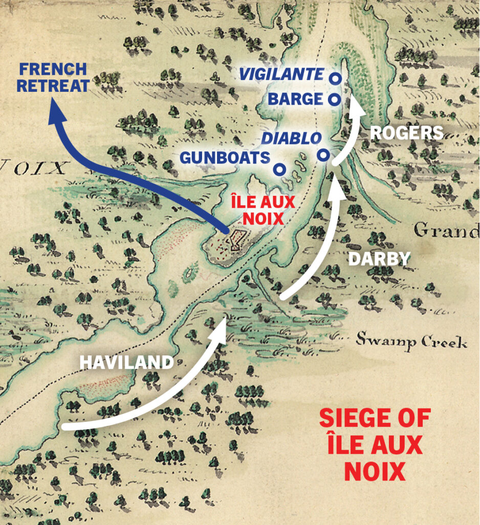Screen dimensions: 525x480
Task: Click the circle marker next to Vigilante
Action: (x=335, y=78)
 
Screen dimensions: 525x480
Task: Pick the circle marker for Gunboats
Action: (x=279, y=169)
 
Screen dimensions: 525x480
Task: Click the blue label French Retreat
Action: (x=53, y=78)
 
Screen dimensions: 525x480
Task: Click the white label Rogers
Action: (x=406, y=133)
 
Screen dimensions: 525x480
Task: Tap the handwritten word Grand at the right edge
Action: (x=446, y=231)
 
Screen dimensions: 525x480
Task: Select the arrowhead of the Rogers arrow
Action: (x=356, y=108)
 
